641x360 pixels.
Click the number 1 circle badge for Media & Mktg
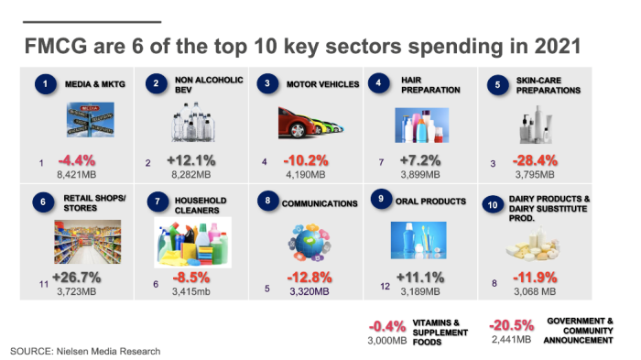45,84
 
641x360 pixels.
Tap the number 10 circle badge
493,205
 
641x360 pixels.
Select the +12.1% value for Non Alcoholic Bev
190,160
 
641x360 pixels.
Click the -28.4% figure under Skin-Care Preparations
535,160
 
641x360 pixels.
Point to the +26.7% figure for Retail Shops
76,278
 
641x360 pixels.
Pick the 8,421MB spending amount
76,175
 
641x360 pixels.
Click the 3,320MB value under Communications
310,291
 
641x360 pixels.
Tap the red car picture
310,123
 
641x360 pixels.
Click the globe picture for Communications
310,243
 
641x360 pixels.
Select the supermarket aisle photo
88,242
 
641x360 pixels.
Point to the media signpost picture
91,119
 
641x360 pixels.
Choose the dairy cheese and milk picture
532,244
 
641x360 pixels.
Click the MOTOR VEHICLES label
322,84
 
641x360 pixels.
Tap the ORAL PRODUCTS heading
430,202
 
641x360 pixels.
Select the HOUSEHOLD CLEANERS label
201,205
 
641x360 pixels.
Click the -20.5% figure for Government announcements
511,325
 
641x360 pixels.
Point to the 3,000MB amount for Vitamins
387,341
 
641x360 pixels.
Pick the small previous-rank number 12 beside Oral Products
386,287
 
